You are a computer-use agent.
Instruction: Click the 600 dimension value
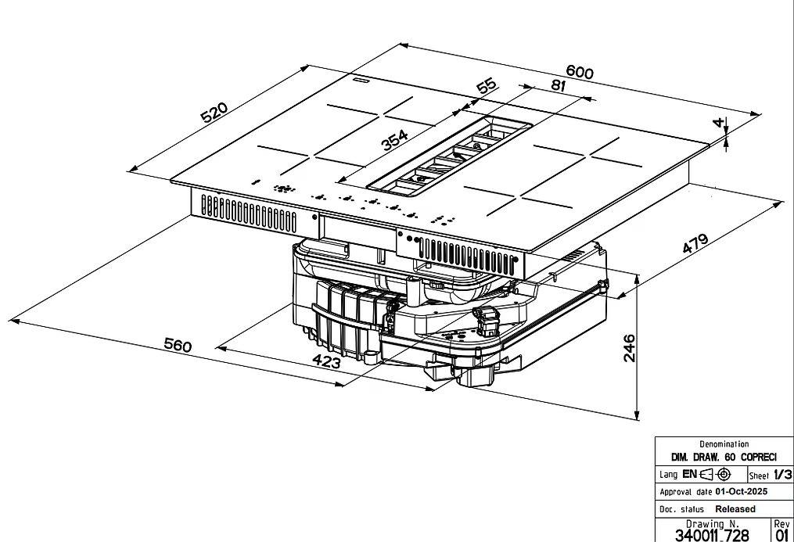(x=580, y=72)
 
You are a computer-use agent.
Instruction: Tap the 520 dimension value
(x=214, y=113)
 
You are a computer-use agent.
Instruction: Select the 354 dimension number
(x=394, y=140)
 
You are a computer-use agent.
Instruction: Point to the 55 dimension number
(x=487, y=85)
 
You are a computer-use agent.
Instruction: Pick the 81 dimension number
(x=558, y=85)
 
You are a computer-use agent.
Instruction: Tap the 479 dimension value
(x=695, y=243)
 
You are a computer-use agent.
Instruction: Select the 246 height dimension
(x=628, y=348)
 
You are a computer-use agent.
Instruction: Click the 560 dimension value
(x=178, y=345)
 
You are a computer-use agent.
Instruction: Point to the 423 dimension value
(x=327, y=361)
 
